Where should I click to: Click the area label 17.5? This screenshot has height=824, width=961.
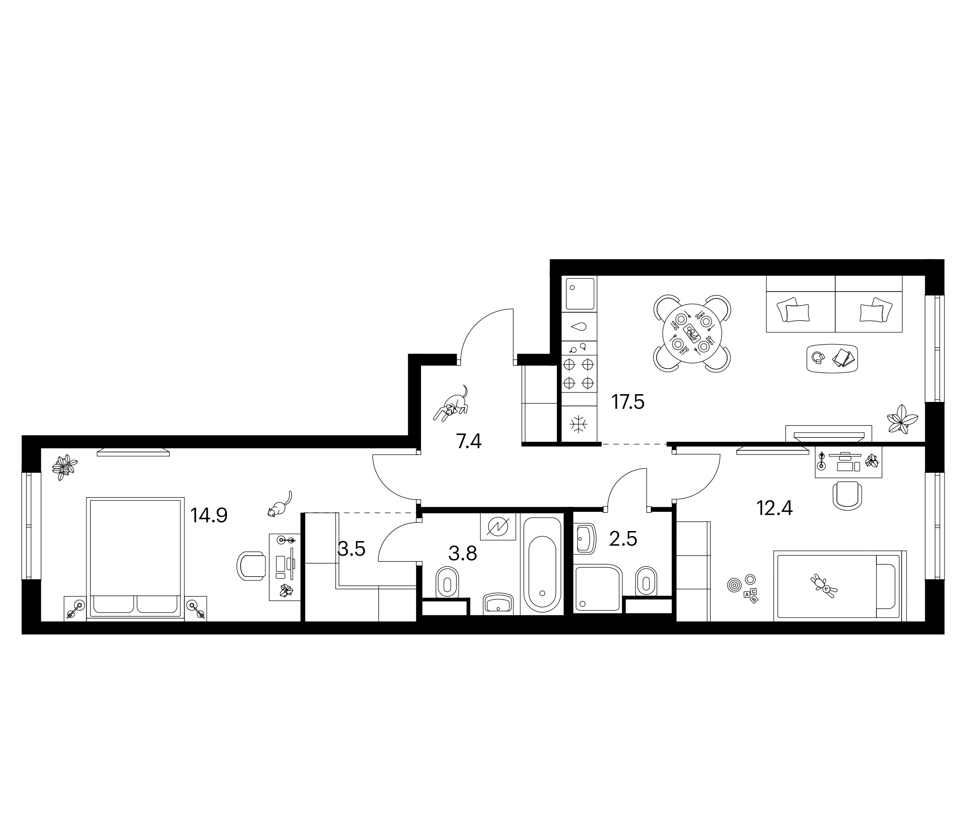click(628, 402)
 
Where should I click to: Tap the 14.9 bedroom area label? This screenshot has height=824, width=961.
click(209, 515)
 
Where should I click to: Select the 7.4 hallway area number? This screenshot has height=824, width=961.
click(469, 442)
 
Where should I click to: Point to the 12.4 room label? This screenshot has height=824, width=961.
click(775, 509)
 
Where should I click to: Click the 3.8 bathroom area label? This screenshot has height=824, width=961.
click(463, 553)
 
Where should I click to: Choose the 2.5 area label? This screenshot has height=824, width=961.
click(623, 539)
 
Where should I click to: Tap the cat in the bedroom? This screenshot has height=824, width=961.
click(280, 504)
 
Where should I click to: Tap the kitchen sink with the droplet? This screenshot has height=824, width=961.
click(579, 327)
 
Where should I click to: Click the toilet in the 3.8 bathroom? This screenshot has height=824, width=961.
click(448, 582)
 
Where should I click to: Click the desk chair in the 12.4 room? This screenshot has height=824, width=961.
click(848, 494)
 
